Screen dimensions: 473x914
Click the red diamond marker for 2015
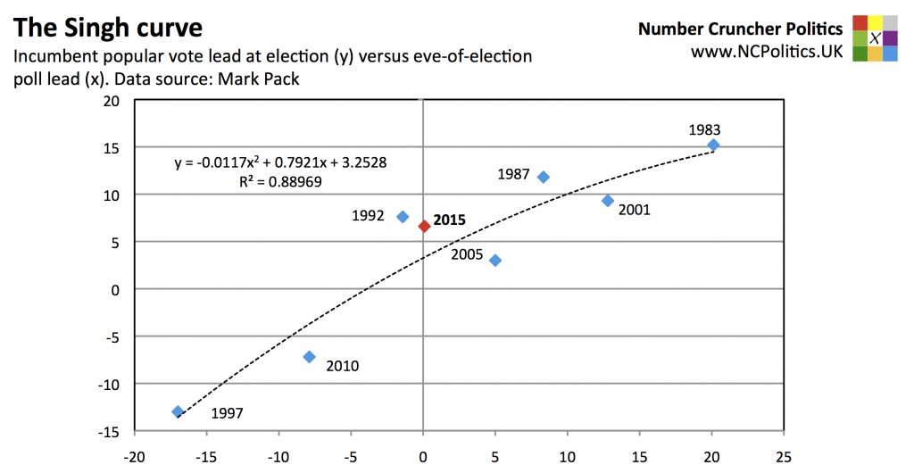pos(424,227)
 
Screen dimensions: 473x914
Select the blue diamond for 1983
pos(713,145)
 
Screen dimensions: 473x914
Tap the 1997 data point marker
pos(178,411)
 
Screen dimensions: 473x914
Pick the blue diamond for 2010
pos(309,357)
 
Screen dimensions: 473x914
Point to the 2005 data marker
pos(495,261)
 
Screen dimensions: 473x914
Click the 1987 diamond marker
pos(543,177)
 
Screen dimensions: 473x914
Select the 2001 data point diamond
pos(608,201)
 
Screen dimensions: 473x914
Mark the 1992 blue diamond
pos(403,216)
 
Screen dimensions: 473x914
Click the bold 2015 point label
pos(449,220)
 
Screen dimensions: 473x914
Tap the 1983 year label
pos(704,129)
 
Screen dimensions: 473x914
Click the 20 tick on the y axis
pos(111,100)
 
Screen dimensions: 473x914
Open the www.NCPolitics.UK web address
pos(767,52)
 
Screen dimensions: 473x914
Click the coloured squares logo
pos(875,38)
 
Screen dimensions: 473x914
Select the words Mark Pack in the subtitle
pos(267,79)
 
